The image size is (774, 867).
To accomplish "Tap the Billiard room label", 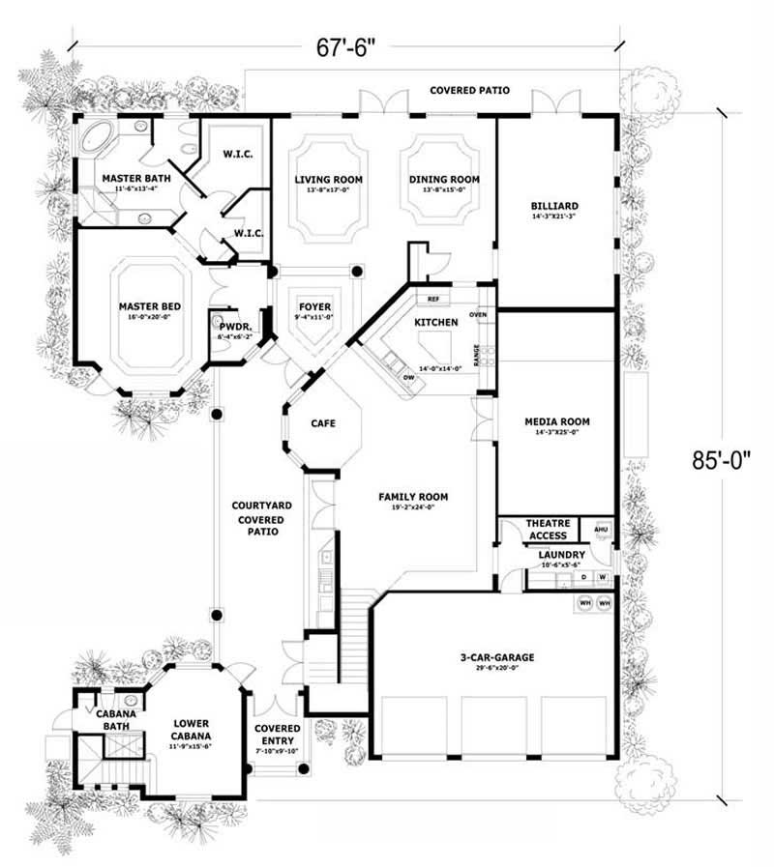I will pos(554,206).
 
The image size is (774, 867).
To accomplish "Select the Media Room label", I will pos(556,421).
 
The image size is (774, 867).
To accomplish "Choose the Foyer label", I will pos(313,306).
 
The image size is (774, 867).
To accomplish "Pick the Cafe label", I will pos(322,423).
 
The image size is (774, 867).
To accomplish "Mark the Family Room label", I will pos(412,497).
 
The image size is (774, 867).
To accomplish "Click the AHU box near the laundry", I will pos(599,530).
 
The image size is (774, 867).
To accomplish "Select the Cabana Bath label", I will pos(113,720).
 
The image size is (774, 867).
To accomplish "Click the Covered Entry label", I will pos(277,735).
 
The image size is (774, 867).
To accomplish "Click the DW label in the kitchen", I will pos(409,377).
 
